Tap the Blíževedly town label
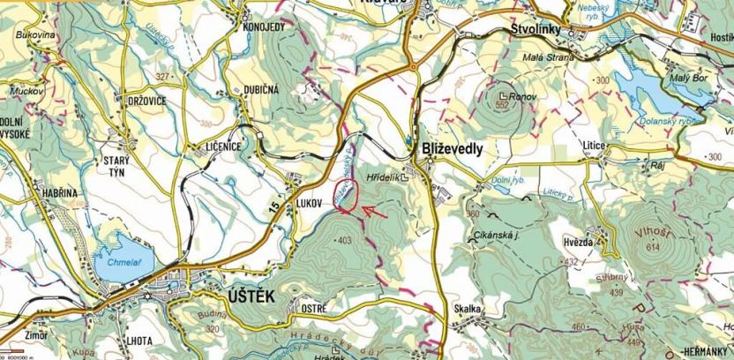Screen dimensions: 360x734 [453, 149]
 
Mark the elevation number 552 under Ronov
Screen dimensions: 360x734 [504, 105]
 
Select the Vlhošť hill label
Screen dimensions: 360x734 [648, 236]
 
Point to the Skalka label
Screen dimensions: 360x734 [468, 309]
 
